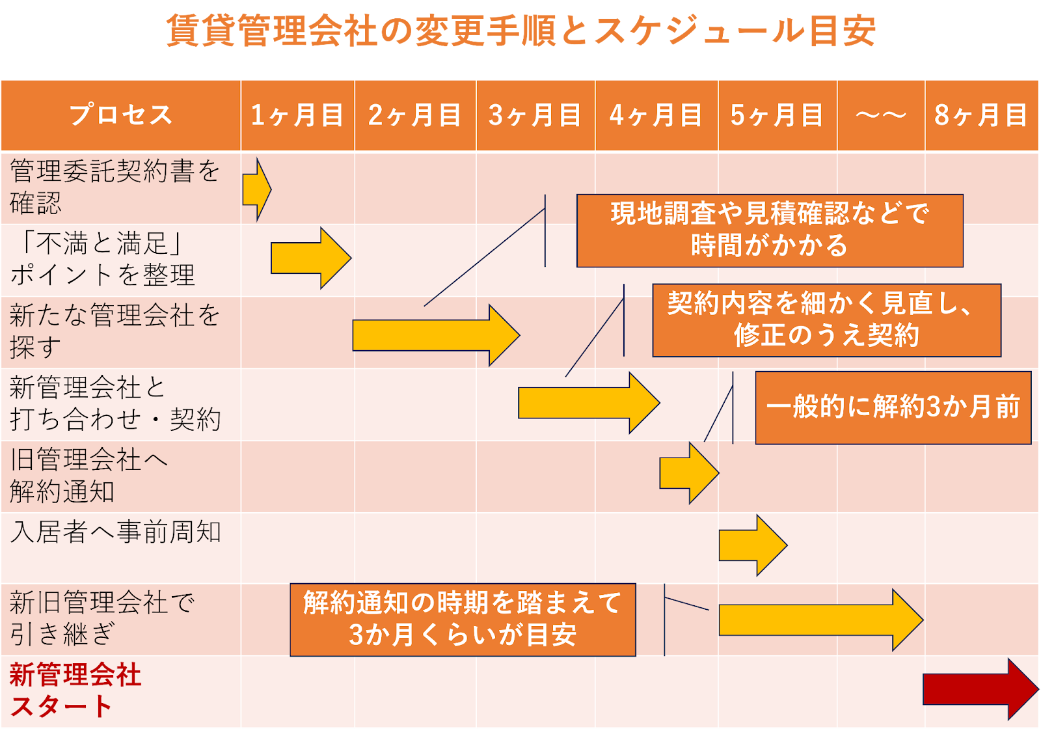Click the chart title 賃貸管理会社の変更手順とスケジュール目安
coord(520,31)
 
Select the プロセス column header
coord(121,115)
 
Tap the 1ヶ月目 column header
coord(297,115)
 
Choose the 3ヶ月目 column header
coord(535,115)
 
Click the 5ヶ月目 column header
coord(777,115)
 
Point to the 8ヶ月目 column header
coord(980,115)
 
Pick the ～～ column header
coord(880,115)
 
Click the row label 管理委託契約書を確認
coord(114,187)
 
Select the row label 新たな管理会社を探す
coord(114,331)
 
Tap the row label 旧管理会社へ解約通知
coord(88,476)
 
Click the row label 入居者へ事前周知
coord(116,532)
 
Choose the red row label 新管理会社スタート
coord(75,691)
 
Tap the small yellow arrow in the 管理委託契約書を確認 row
coord(256,189)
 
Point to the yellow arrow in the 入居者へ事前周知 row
coord(751,545)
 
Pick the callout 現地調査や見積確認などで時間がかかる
coord(770,230)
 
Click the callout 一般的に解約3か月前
coord(893,407)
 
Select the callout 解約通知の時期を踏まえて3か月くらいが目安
coord(463,620)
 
